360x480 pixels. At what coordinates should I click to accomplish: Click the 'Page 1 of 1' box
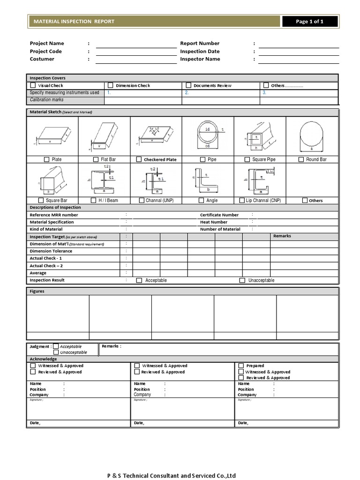click(309, 22)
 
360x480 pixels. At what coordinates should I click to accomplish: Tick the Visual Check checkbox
click(33, 85)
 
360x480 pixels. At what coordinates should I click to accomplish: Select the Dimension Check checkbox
click(111, 85)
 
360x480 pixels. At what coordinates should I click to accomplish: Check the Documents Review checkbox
click(188, 85)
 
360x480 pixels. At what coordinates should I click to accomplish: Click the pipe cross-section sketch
click(208, 135)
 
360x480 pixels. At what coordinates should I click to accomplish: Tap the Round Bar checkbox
click(301, 159)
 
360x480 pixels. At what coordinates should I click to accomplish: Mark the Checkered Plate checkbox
click(139, 159)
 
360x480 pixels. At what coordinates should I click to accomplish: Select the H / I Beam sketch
click(104, 180)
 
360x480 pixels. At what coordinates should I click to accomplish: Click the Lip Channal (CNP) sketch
click(259, 180)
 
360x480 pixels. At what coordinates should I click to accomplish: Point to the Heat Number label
click(214, 222)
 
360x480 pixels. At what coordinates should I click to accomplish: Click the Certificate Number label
click(219, 215)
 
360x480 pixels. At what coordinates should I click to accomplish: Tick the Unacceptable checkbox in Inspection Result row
click(242, 280)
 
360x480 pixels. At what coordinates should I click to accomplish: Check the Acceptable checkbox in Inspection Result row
click(139, 280)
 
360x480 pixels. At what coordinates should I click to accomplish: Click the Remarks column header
click(282, 236)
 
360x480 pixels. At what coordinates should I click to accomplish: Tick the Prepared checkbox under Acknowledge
click(241, 366)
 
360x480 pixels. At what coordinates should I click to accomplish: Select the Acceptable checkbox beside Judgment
click(56, 346)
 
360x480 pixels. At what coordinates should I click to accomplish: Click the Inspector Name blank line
click(299, 60)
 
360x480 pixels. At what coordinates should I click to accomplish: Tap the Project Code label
click(46, 52)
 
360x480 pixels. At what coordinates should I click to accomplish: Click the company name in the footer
click(171, 476)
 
